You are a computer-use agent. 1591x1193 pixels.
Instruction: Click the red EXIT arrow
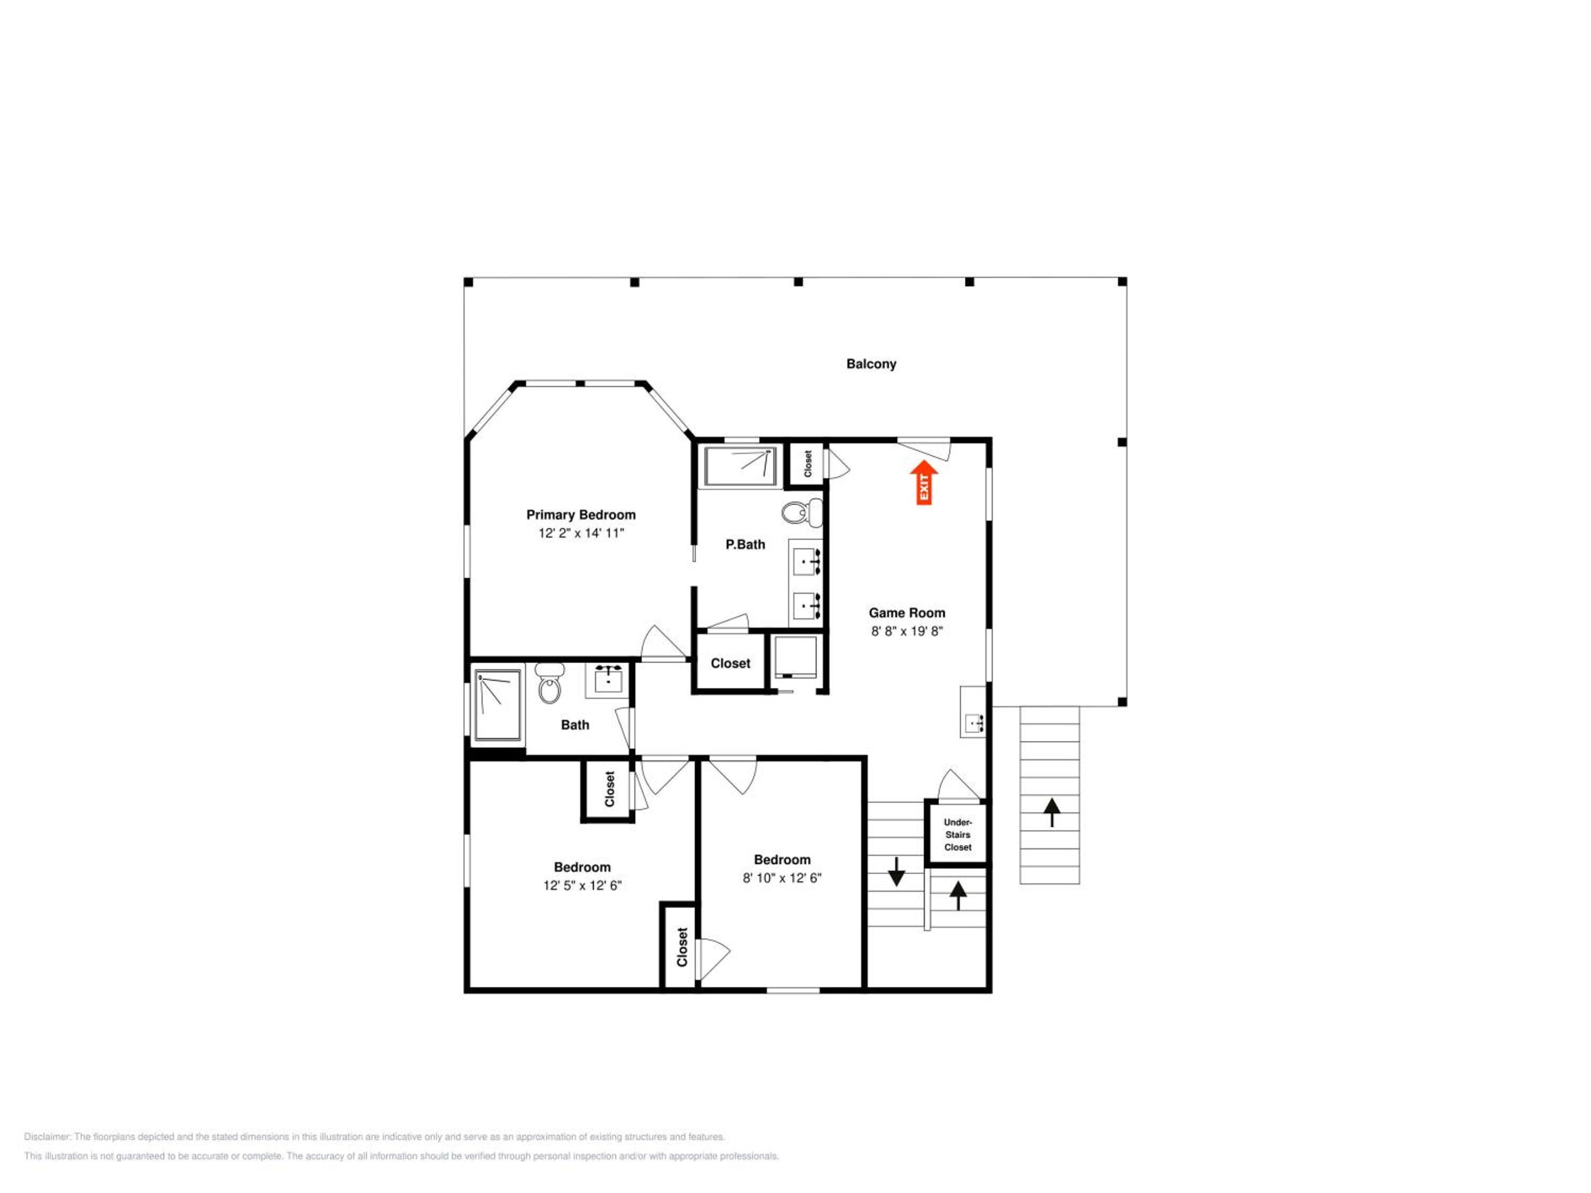[923, 483]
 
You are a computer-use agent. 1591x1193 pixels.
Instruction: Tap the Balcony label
[871, 364]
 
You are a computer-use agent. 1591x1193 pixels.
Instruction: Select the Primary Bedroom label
[580, 515]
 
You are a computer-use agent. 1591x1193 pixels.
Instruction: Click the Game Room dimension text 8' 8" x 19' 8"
[906, 631]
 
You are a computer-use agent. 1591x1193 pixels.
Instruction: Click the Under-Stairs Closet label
[957, 835]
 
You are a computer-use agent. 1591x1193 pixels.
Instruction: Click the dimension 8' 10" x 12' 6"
[782, 878]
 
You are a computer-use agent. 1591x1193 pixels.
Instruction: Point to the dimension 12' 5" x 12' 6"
[582, 885]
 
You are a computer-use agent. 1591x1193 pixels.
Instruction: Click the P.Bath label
[745, 545]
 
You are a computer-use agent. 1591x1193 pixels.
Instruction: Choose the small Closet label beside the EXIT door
[808, 464]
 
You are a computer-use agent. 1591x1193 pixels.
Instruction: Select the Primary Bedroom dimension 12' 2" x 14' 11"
[581, 533]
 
